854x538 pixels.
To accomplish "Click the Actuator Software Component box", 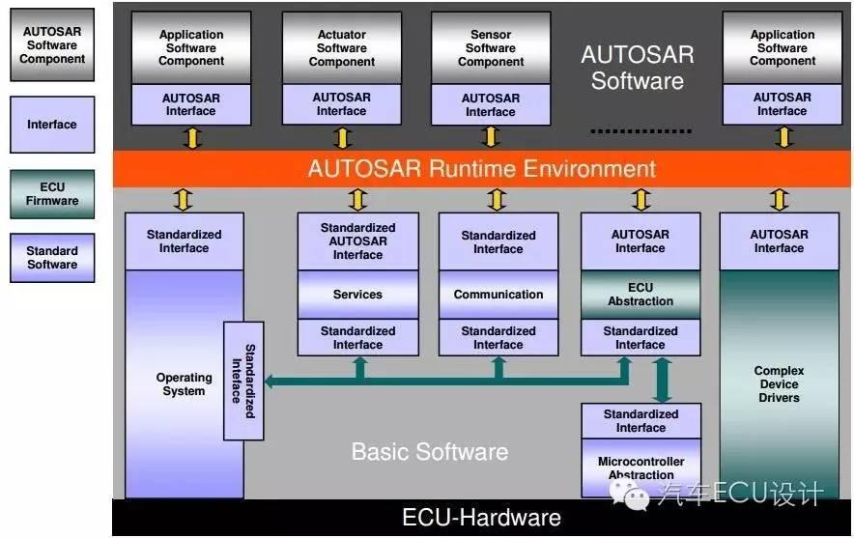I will (x=341, y=48).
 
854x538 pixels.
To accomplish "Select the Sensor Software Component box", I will (x=491, y=48).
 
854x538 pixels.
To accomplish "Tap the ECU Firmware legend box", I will (x=52, y=194).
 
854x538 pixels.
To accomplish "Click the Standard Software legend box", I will (x=52, y=258).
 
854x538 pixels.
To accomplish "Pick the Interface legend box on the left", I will (x=52, y=125).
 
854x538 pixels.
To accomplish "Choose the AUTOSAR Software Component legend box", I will (x=52, y=45).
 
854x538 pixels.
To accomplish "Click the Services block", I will (x=357, y=295).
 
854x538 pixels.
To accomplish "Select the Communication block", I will (x=498, y=295).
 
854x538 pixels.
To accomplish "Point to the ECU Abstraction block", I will (x=640, y=295).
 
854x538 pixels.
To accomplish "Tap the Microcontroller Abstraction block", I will (x=640, y=468).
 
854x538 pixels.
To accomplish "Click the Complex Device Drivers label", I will (x=779, y=384).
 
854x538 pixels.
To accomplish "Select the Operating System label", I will (x=184, y=384).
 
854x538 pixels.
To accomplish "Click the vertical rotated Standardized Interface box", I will (x=243, y=381).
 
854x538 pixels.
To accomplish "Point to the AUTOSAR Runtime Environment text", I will (x=482, y=169).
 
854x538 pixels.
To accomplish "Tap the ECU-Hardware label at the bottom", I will (x=482, y=518).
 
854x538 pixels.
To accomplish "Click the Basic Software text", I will (x=429, y=451).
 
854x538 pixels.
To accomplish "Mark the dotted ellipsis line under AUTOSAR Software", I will (x=640, y=130).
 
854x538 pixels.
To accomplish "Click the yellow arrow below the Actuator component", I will (x=341, y=137).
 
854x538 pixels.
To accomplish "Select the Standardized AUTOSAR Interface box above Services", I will (x=357, y=241).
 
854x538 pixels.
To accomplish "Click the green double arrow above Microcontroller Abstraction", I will (x=663, y=380).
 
